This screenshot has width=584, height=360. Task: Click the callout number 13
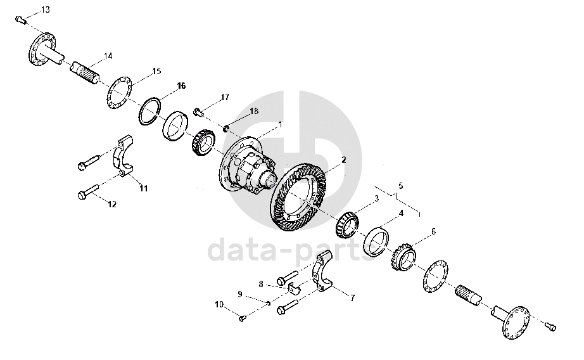tap(45, 10)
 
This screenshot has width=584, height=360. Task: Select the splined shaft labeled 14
tap(86, 72)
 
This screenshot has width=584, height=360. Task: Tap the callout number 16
tap(181, 86)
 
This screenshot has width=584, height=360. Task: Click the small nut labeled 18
tap(225, 129)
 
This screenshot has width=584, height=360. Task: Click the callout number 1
tap(281, 124)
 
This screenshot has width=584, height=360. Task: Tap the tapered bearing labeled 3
tap(348, 225)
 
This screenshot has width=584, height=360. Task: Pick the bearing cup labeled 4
tap(376, 240)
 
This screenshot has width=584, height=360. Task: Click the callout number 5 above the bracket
tap(400, 186)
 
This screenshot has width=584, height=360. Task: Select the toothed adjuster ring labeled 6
tap(403, 257)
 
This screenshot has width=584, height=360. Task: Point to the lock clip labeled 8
tap(294, 289)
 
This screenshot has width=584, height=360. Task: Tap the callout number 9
tap(240, 295)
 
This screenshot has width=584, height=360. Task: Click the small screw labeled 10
tap(242, 318)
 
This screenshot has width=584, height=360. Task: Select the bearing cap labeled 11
tap(124, 156)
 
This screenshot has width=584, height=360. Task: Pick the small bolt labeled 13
tap(21, 20)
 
